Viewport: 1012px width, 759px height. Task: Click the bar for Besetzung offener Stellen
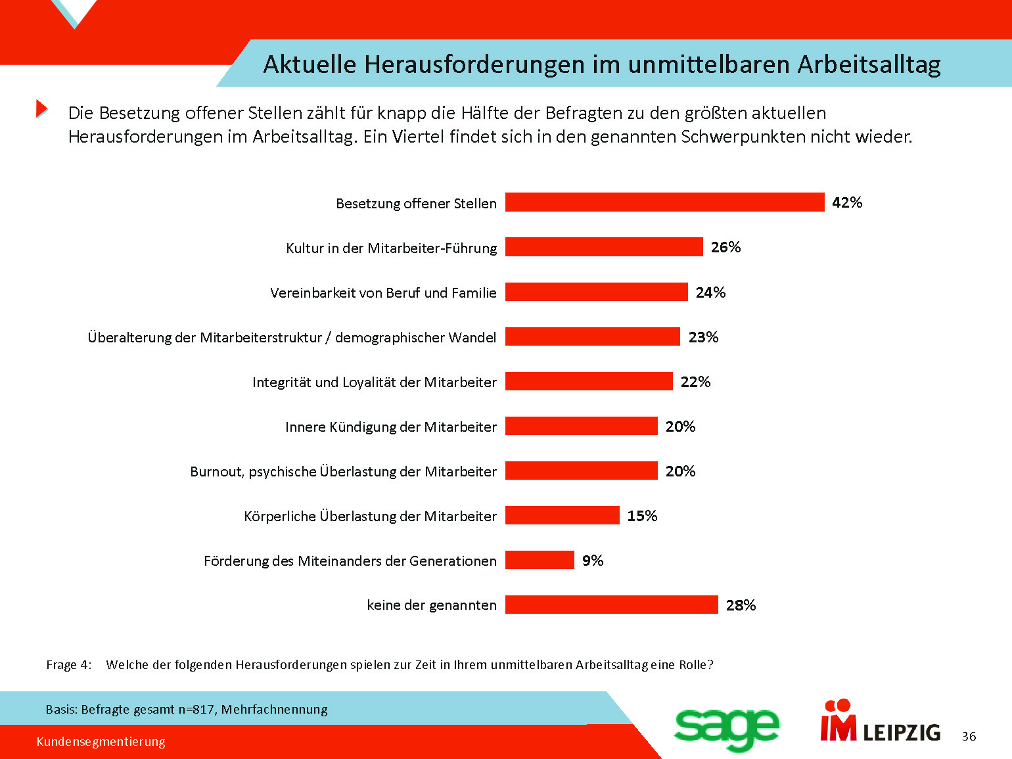pos(664,202)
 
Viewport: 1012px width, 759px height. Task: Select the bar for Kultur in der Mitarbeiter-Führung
pos(604,247)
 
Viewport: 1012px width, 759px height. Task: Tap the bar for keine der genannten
pos(611,605)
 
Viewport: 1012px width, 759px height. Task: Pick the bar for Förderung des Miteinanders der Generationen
pos(540,560)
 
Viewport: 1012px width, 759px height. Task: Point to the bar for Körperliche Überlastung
pos(562,515)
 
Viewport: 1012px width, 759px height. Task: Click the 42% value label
pos(847,202)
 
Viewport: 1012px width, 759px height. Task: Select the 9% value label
pos(593,561)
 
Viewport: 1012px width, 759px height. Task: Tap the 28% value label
pos(741,605)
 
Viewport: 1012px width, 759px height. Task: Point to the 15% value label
pos(642,516)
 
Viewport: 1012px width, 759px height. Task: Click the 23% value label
pos(703,337)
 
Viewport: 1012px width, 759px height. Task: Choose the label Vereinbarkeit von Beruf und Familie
pos(383,293)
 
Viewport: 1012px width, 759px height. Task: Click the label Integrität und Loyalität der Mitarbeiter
pos(375,382)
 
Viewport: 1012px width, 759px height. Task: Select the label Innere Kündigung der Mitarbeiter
pos(391,427)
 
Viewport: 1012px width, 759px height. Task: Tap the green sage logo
pos(726,728)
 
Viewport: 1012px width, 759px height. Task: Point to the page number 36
pos(969,737)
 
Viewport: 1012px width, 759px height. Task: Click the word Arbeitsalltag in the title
pos(869,64)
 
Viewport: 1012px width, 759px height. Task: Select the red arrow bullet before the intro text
pos(41,108)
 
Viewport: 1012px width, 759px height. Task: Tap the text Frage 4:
pos(69,665)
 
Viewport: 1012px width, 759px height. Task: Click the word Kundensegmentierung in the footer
pos(101,742)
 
